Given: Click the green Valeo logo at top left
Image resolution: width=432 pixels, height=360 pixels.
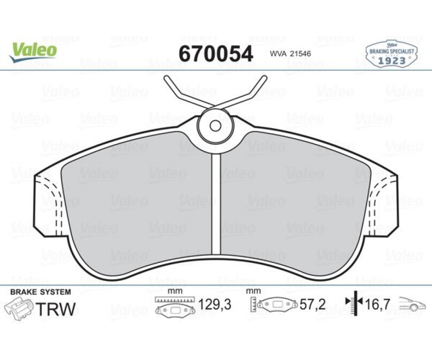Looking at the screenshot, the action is pos(33,52).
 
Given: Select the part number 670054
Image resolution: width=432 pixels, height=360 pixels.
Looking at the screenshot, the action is pos(216,54).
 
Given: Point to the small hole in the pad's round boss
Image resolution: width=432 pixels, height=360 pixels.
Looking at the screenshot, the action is pos(216,126).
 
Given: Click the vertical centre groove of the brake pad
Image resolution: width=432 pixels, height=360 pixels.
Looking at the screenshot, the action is pos(216,204).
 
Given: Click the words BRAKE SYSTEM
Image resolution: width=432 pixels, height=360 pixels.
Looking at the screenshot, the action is pos(40,292).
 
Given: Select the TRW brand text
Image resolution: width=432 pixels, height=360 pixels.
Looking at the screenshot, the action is pos(56,309).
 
